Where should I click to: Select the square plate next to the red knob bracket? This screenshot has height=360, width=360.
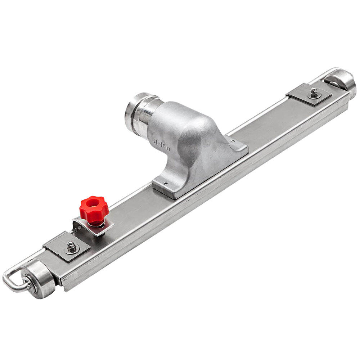coord(67,247)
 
